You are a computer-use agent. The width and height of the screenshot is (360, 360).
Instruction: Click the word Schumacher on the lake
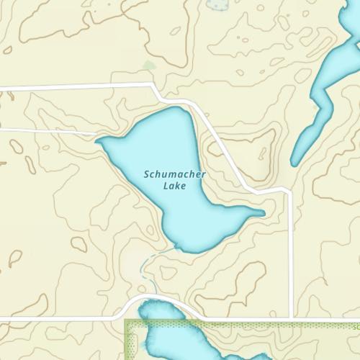174,174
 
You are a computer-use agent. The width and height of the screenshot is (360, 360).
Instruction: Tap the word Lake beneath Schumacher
174,186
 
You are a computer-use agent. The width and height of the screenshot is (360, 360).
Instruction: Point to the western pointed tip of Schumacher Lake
96,141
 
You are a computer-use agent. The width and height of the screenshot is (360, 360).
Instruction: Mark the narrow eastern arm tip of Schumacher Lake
264,212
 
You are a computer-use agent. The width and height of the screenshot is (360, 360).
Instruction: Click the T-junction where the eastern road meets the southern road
290,318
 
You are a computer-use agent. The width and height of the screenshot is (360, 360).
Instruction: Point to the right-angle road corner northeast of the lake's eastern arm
288,192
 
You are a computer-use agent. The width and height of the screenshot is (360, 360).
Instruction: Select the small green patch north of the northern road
148,66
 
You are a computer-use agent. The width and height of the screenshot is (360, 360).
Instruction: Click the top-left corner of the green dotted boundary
126,321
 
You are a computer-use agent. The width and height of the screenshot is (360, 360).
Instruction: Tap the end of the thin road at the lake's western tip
96,135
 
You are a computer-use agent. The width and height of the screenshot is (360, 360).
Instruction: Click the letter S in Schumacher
147,174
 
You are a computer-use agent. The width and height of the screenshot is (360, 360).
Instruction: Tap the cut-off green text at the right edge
356,325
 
